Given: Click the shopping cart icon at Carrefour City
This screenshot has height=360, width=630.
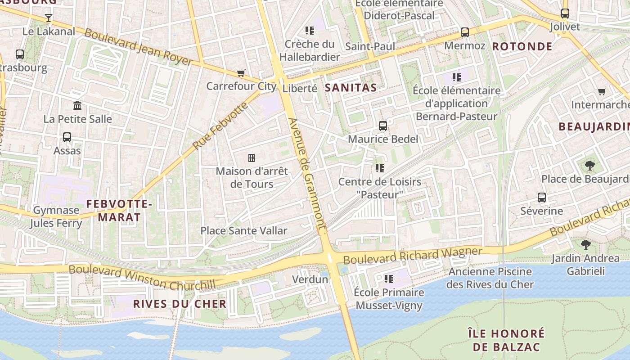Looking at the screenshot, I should (241, 73).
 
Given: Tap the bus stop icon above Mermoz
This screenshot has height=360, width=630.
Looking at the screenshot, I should (464, 32).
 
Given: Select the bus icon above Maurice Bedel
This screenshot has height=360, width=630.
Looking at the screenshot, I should (383, 126).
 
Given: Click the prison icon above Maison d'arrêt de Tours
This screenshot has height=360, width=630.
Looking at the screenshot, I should (252, 158).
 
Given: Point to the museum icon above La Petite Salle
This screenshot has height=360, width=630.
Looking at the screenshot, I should (77, 106).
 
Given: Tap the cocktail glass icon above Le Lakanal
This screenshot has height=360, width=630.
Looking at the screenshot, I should (49, 18).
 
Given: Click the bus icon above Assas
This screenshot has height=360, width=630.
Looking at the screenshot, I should (67, 137).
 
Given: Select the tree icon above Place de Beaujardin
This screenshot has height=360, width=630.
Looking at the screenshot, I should (589, 166).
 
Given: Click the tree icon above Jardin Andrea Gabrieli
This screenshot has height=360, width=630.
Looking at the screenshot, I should (585, 245).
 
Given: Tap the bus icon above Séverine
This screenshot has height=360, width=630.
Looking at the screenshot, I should (542, 198).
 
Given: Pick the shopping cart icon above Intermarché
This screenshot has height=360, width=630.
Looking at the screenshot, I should (602, 92).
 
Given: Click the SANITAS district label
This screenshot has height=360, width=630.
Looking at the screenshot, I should (351, 88).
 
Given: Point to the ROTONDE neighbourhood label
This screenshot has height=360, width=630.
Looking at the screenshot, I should (522, 46).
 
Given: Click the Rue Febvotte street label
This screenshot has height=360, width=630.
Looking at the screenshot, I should (220, 126).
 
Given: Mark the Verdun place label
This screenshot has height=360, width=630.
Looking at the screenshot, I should (310, 279).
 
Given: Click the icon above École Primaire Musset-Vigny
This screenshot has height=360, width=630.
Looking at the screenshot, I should (389, 279).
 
